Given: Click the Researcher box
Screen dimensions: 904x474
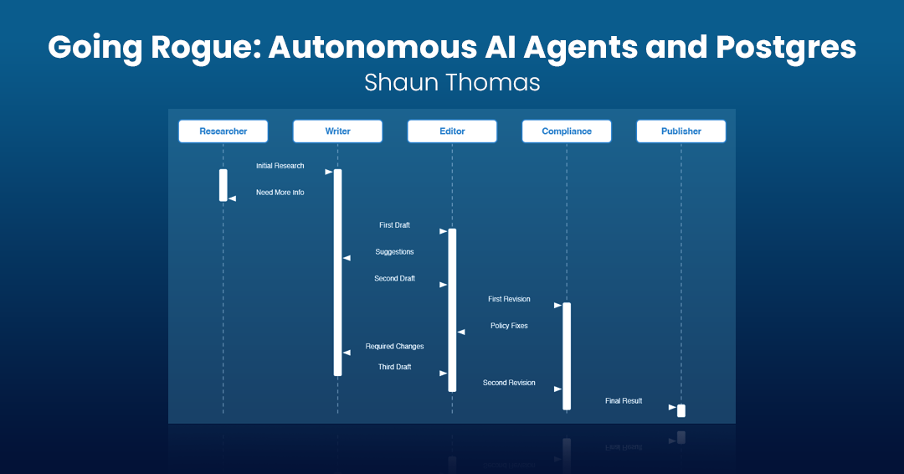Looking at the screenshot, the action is pyautogui.click(x=223, y=131).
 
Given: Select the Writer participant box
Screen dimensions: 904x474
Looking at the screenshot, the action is pyautogui.click(x=337, y=131).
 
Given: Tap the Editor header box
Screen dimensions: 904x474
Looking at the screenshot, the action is pyautogui.click(x=452, y=131).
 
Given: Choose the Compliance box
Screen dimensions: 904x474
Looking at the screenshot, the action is pyautogui.click(x=566, y=131).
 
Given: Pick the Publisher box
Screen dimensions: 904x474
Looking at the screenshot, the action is pyautogui.click(x=681, y=131).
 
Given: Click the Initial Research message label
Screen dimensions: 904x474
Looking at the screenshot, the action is pyautogui.click(x=280, y=166).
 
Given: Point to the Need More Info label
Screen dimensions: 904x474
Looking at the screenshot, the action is pyautogui.click(x=280, y=193).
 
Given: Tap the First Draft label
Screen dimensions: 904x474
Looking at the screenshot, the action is pyautogui.click(x=394, y=225).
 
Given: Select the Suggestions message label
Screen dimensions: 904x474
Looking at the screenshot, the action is pyautogui.click(x=394, y=252).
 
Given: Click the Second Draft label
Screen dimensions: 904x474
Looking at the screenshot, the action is pyautogui.click(x=394, y=279).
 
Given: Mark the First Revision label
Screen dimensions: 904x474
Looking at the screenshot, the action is pyautogui.click(x=509, y=299).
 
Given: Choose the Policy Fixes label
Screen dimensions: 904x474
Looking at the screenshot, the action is pyautogui.click(x=509, y=326).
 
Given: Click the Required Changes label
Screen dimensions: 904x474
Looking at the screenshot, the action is pyautogui.click(x=394, y=347).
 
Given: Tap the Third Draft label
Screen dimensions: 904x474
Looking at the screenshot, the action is pyautogui.click(x=394, y=367).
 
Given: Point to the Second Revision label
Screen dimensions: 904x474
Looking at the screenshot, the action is pyautogui.click(x=509, y=383).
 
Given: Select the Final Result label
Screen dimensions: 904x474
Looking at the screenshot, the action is pyautogui.click(x=624, y=401).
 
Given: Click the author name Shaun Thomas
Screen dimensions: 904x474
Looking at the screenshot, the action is pyautogui.click(x=452, y=82).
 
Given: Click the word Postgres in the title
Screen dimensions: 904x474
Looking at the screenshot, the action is pyautogui.click(x=786, y=48).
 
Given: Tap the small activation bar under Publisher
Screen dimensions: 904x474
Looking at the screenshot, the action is pyautogui.click(x=681, y=410).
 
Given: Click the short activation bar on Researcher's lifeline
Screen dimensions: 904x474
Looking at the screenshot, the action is pyautogui.click(x=223, y=185).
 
